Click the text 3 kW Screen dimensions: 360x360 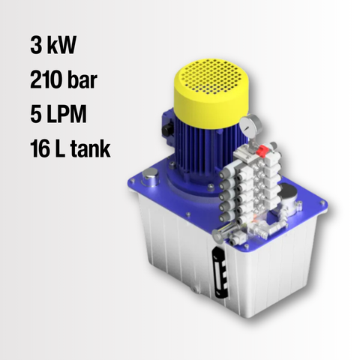click(x=53, y=45)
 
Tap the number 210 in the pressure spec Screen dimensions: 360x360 click(x=46, y=79)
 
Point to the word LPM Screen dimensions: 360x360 click(x=67, y=114)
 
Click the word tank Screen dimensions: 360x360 click(x=91, y=148)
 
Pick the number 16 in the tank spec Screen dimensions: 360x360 click(x=40, y=148)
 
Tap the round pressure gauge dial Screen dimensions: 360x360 click(x=249, y=127)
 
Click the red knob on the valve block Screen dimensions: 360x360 click(x=262, y=151)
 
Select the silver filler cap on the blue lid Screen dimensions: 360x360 click(x=150, y=176)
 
